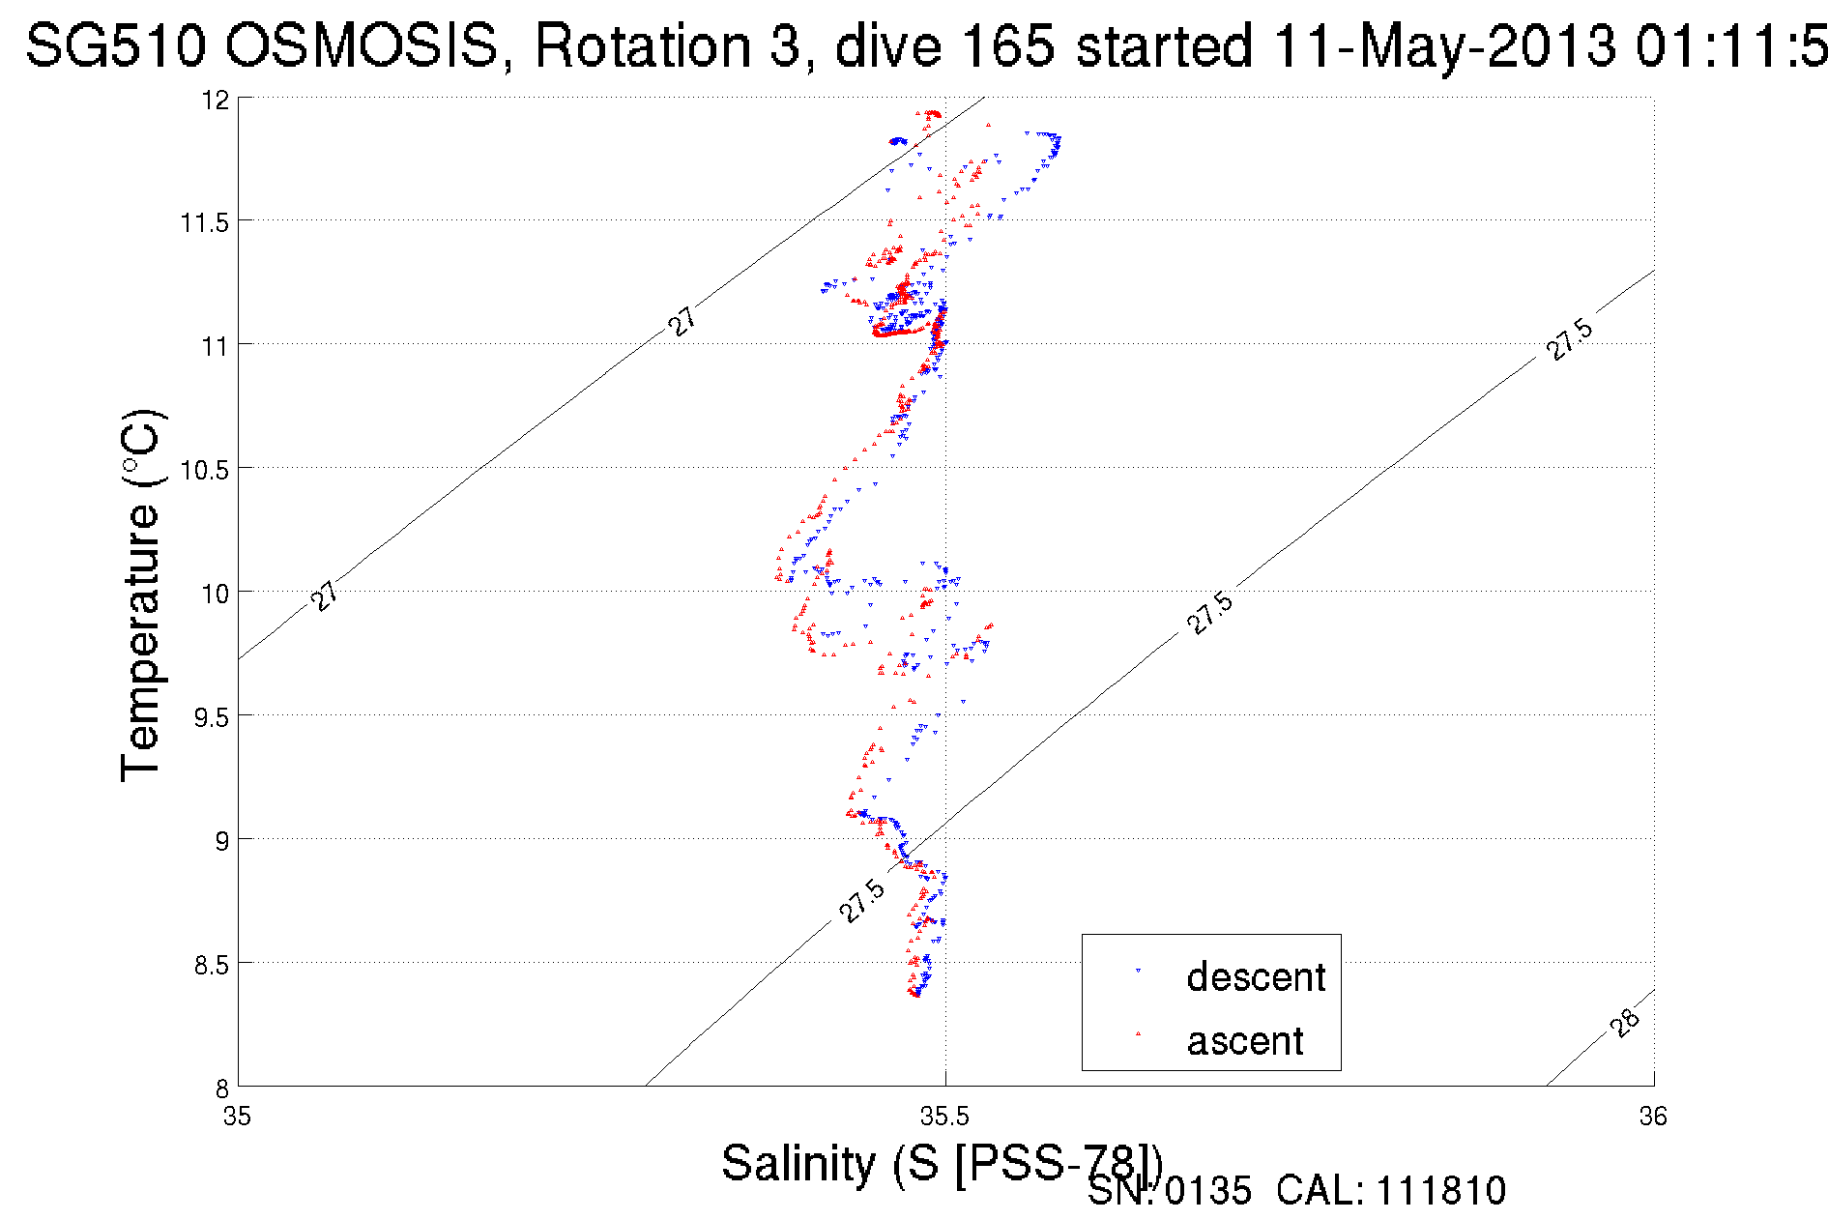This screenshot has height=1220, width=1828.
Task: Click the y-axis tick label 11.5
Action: [x=204, y=222]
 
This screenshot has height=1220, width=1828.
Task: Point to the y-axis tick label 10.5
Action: [x=204, y=470]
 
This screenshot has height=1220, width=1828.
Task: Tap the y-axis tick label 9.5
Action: [x=211, y=717]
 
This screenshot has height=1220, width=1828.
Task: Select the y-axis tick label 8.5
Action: [x=211, y=965]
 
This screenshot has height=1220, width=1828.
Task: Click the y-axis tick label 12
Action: [x=217, y=100]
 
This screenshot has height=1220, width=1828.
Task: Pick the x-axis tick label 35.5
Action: [x=944, y=1117]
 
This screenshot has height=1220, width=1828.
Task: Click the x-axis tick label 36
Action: [x=1653, y=1117]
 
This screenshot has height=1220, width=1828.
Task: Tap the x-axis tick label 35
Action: [x=237, y=1117]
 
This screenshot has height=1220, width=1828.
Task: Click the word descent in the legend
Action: [x=1256, y=977]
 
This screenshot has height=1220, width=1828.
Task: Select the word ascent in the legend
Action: [x=1245, y=1041]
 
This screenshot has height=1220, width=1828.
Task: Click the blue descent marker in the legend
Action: [x=1138, y=970]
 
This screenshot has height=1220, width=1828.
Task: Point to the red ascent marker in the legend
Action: [x=1138, y=1033]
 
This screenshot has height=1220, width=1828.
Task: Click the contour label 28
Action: [x=1626, y=1022]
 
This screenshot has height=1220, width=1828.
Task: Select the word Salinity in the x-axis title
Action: [x=798, y=1162]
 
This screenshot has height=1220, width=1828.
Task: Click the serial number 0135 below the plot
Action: [x=1207, y=1191]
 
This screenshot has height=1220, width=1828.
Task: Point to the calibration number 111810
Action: [x=1440, y=1191]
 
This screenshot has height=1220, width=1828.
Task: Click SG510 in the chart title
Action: [x=115, y=45]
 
